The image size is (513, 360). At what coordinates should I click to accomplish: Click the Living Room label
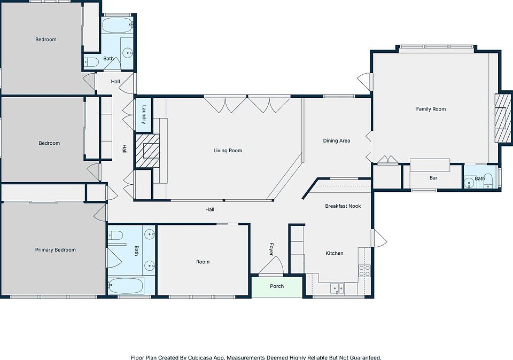click(228, 151)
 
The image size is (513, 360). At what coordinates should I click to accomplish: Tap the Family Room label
click(431, 109)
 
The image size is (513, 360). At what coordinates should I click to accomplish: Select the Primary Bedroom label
click(55, 250)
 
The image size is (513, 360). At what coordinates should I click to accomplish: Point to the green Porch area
click(277, 287)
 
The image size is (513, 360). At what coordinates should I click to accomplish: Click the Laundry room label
click(144, 114)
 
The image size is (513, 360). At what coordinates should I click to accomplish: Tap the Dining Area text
click(336, 140)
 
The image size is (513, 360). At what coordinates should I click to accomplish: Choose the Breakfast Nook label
click(343, 206)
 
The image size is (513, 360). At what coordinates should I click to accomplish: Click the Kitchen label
click(335, 253)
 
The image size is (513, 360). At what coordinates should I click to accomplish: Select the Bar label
click(433, 178)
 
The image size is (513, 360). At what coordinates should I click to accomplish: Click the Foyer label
click(271, 249)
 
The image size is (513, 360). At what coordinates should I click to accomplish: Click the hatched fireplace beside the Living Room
click(147, 151)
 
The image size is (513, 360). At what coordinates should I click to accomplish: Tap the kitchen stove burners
click(364, 271)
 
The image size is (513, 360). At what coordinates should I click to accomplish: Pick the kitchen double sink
click(337, 288)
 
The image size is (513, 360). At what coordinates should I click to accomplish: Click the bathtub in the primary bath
click(126, 286)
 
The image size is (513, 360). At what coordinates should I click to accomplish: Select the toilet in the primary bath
click(115, 235)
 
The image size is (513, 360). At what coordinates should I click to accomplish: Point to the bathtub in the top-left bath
click(118, 25)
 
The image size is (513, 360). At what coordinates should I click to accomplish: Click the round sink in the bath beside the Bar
click(469, 181)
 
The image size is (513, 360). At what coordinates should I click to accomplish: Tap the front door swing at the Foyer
click(271, 265)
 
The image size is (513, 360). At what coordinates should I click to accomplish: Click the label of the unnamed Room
click(203, 262)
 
